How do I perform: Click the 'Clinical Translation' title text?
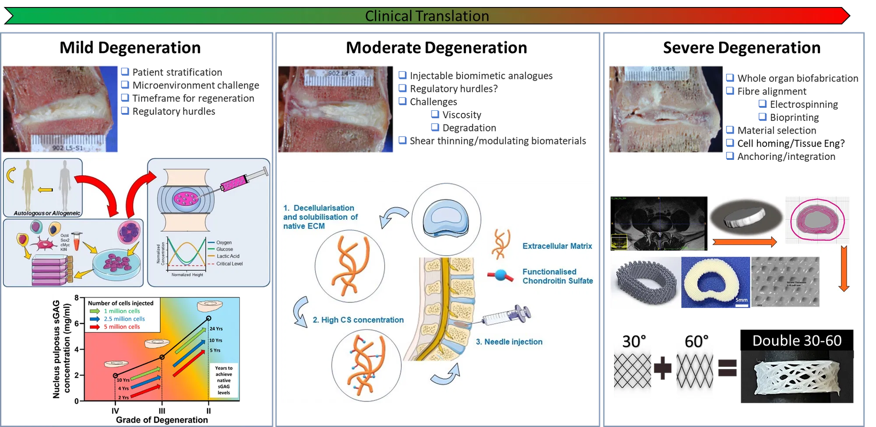click(x=427, y=16)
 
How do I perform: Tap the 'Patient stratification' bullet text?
click(x=177, y=72)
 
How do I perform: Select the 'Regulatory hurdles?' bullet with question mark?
click(x=453, y=88)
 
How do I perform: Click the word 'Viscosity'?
click(x=462, y=115)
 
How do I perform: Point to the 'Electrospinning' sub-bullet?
click(x=804, y=104)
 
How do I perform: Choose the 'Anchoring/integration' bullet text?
click(x=786, y=156)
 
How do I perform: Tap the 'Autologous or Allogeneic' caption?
click(x=47, y=213)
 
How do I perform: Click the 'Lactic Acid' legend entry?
click(x=228, y=256)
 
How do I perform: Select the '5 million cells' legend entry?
click(x=122, y=327)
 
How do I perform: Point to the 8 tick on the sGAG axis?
click(x=77, y=298)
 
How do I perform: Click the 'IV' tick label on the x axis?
click(x=115, y=411)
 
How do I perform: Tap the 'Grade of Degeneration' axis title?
click(x=162, y=420)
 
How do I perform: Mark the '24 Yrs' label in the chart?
click(x=216, y=328)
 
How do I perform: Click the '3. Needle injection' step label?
click(x=509, y=342)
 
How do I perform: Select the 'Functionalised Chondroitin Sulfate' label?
click(x=557, y=276)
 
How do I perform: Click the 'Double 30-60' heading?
click(x=797, y=341)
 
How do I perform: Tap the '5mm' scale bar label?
click(x=741, y=300)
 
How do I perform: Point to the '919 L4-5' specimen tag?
click(x=663, y=69)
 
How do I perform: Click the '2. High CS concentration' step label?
click(x=358, y=320)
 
